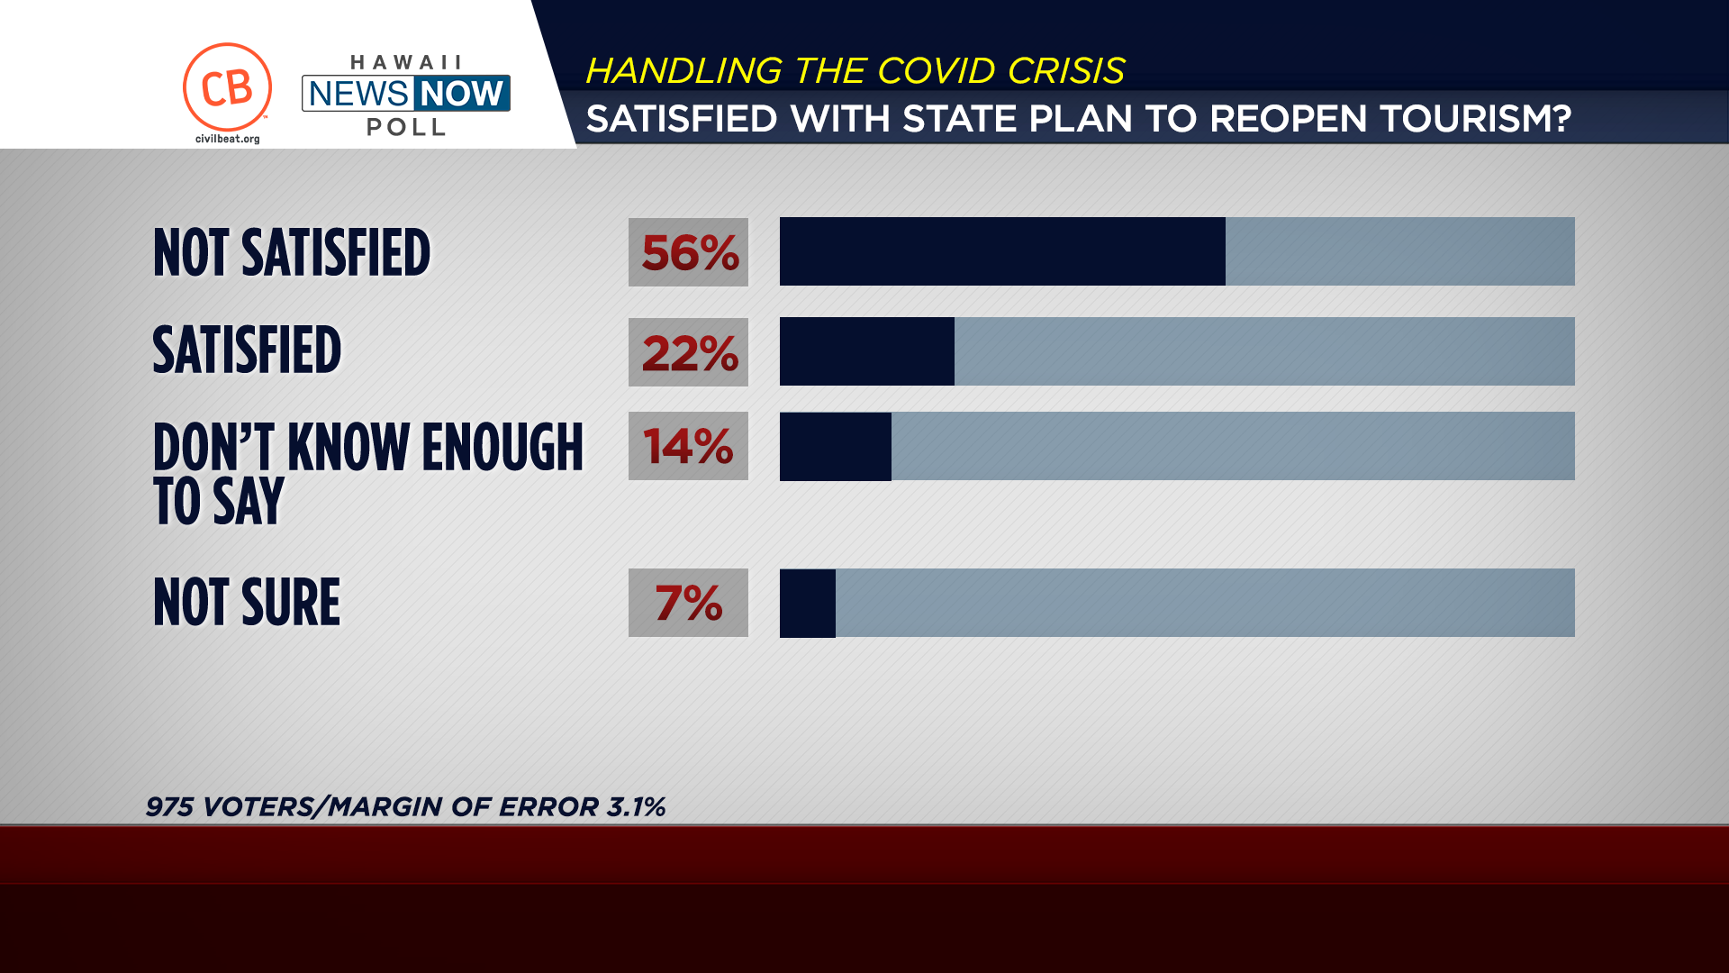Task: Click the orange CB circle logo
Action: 227,87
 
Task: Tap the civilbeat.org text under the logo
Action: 227,139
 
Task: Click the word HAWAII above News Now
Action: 406,62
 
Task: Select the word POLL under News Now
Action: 406,127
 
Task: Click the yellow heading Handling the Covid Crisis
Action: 855,70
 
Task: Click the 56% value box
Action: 688,252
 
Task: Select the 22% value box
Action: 688,352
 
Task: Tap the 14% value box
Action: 688,446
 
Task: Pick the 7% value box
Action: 688,603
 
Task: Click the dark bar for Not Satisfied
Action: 1001,251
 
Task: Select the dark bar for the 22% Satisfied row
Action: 866,351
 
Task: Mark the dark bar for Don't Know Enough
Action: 835,446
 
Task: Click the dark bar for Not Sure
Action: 807,603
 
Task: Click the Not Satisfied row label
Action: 292,252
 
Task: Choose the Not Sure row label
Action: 247,602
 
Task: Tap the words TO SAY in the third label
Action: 219,501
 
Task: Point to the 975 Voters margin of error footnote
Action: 405,806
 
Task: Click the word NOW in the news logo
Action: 462,93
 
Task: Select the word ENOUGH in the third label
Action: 502,447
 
